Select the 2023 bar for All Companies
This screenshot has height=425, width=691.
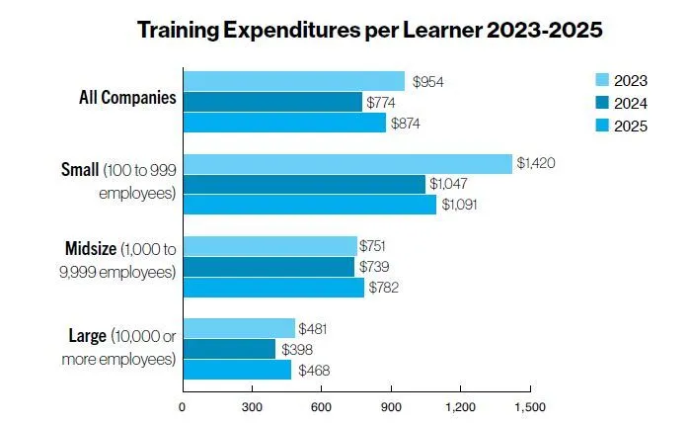pos(294,81)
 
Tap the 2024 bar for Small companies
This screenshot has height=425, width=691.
pos(304,184)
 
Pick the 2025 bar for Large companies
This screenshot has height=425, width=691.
pos(237,370)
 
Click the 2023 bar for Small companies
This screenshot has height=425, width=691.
pos(347,163)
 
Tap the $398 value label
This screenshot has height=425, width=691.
pos(297,349)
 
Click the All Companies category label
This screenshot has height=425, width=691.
pos(127,98)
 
